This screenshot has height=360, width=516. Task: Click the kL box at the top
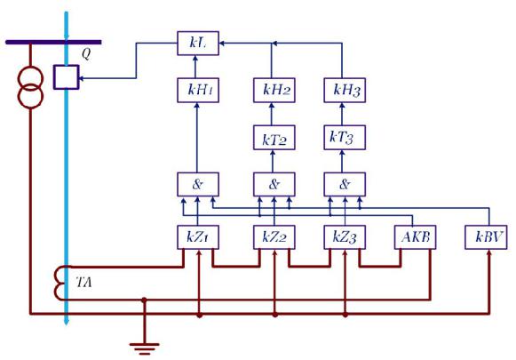[198, 44]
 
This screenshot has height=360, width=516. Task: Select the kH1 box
[198, 91]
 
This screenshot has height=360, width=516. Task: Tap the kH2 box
[274, 91]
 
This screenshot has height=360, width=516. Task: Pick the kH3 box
[345, 91]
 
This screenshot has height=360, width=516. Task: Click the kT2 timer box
[274, 138]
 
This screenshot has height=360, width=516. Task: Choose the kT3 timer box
[345, 138]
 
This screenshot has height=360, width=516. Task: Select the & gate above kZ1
[198, 185]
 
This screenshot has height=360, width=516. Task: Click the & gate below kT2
[274, 185]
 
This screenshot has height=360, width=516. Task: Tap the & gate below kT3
[345, 185]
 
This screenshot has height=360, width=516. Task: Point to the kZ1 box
[198, 237]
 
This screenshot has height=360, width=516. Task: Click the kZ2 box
[274, 237]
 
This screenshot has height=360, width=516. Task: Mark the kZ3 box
[345, 237]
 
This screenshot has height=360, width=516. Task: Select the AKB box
[416, 237]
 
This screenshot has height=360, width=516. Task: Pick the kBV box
[486, 237]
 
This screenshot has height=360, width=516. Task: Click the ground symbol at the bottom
[144, 348]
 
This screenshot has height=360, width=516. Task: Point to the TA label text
[83, 283]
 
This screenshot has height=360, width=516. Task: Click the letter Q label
[86, 53]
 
